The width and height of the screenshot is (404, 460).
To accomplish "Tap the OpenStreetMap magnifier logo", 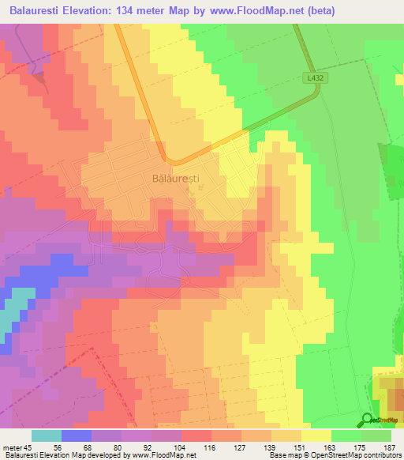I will (x=368, y=420).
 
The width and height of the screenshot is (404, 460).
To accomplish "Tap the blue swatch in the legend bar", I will (x=77, y=435).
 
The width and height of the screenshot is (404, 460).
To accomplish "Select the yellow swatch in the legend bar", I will (x=315, y=435).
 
